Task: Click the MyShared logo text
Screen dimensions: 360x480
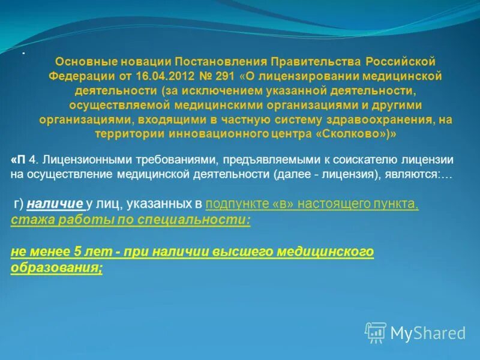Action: pyautogui.click(x=428, y=333)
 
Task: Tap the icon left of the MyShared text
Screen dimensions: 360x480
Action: pyautogui.click(x=376, y=332)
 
